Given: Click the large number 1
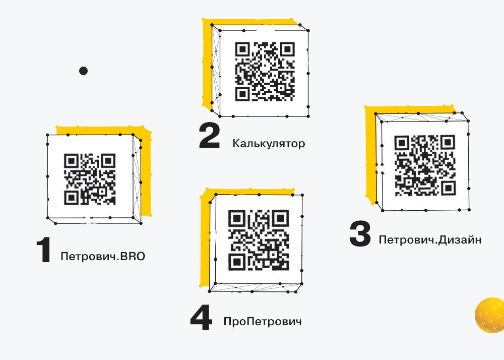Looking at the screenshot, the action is click(44, 250).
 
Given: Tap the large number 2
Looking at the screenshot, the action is click(209, 136).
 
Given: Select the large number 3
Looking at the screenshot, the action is click(360, 233).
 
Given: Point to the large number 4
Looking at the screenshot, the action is click(201, 317).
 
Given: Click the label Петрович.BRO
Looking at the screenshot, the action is click(103, 257).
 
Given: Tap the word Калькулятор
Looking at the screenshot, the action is click(269, 143).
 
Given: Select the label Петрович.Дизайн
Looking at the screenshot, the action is click(430, 240).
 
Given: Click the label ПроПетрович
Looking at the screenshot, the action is click(263, 322).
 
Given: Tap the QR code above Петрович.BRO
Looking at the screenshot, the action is click(90, 179).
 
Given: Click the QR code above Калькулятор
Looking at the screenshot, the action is click(265, 72).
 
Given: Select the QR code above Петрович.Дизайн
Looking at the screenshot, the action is click(425, 165).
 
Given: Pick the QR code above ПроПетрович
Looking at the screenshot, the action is click(259, 240).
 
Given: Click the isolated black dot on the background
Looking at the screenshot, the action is click(83, 71).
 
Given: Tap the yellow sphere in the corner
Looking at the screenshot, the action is click(490, 315).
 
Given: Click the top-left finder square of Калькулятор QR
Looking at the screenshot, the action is click(243, 49).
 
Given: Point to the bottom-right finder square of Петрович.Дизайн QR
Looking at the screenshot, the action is click(448, 189).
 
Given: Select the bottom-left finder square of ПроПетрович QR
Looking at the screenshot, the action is click(236, 263).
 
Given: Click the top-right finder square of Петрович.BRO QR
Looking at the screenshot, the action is click(109, 160).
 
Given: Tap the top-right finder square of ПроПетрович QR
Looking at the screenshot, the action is click(282, 218).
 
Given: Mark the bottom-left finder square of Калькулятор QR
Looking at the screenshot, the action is click(243, 94).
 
